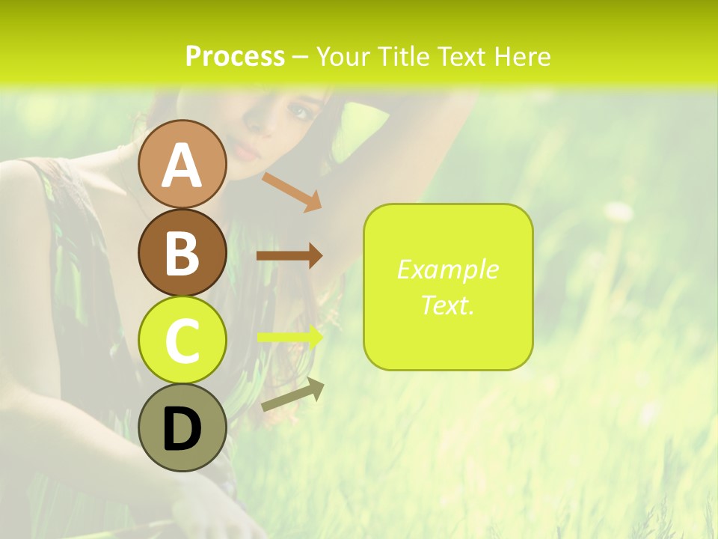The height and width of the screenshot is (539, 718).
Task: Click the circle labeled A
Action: coord(182,164)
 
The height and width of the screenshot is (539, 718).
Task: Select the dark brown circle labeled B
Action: coord(182,252)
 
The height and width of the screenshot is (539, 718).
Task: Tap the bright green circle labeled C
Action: coord(182,340)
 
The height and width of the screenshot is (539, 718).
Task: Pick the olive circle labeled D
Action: coord(182,427)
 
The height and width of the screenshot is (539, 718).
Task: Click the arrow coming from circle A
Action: coord(292,191)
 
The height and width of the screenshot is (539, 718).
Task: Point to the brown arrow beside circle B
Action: coord(289,255)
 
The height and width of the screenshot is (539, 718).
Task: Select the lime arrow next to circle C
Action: coord(290,337)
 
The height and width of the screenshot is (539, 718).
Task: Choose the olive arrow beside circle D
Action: coord(292,395)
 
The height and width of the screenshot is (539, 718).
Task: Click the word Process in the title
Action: coord(235,57)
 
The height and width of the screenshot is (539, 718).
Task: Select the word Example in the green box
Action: coord(447,269)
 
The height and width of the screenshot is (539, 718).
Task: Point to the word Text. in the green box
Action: coord(447,305)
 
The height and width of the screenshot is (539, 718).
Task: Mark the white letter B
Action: coord(182,253)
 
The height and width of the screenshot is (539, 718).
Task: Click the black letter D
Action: coord(182,429)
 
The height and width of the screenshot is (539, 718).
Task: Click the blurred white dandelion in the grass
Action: coord(619,213)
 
